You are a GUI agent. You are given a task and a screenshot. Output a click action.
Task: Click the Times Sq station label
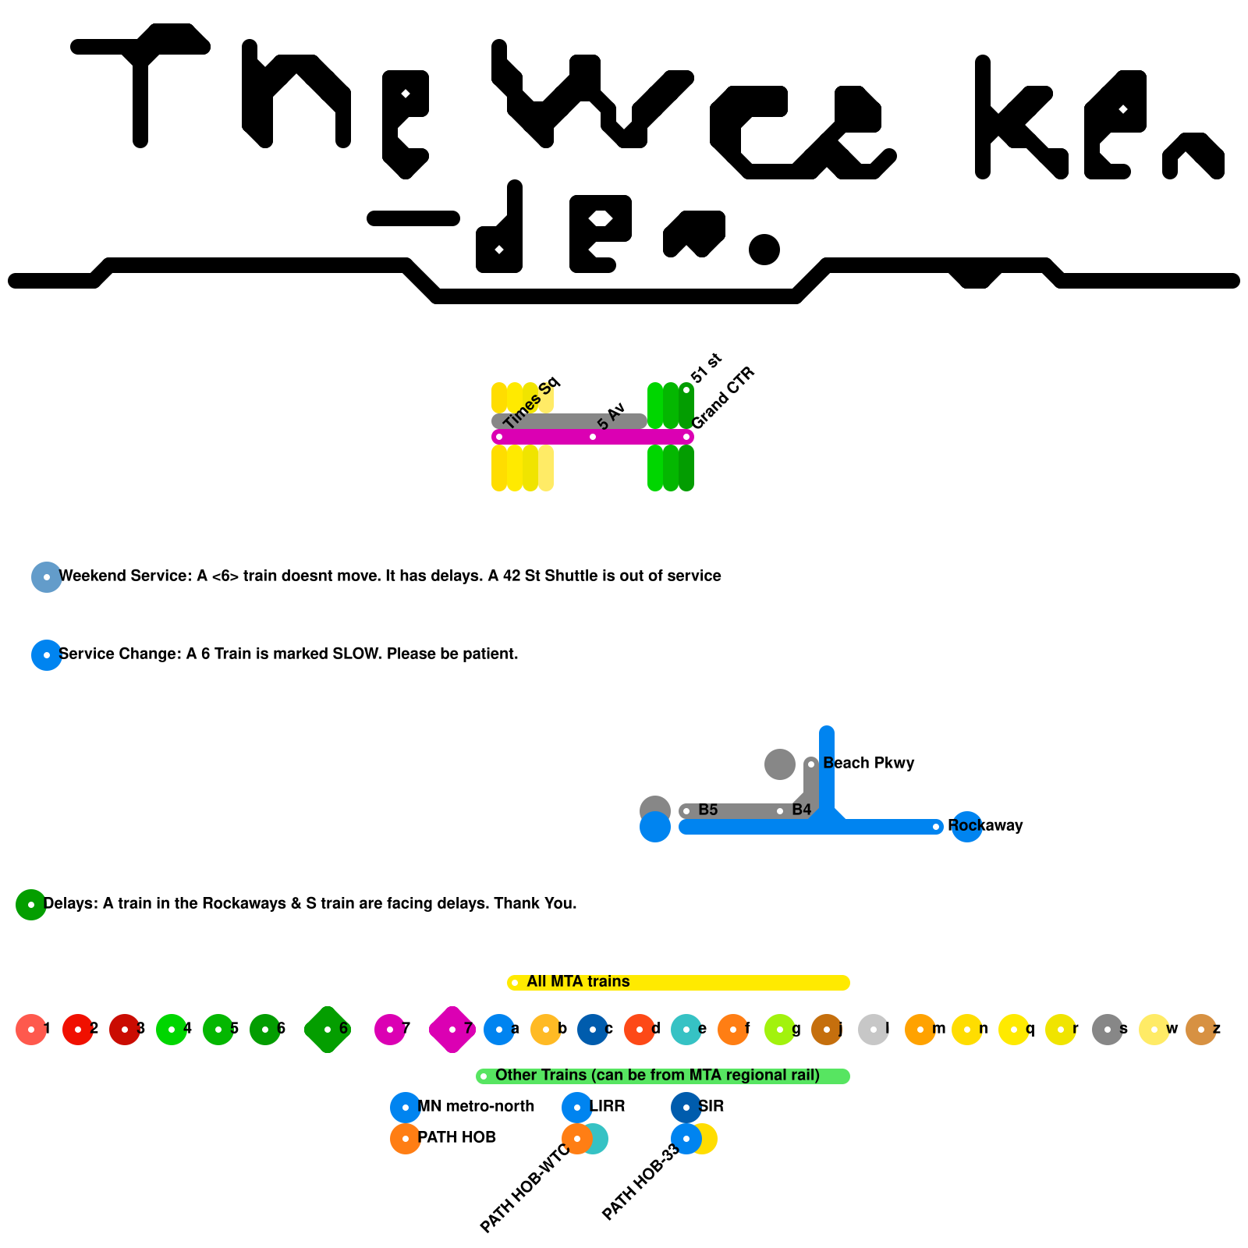tap(531, 402)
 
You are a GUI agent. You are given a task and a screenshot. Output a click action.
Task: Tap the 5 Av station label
tap(612, 416)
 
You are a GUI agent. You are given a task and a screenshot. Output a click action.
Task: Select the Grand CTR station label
tap(723, 398)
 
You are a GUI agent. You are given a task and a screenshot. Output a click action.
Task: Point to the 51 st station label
tap(706, 368)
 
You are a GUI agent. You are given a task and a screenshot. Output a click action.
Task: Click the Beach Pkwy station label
tap(868, 763)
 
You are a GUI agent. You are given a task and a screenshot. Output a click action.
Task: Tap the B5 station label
tap(707, 810)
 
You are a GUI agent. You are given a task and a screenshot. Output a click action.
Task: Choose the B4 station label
tap(801, 810)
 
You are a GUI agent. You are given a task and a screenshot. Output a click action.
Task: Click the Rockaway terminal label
tap(985, 825)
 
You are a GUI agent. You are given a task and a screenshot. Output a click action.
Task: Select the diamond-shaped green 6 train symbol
tap(328, 1030)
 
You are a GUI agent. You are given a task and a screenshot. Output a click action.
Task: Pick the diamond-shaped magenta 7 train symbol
tap(452, 1030)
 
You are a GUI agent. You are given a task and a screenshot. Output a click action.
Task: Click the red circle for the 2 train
tap(78, 1030)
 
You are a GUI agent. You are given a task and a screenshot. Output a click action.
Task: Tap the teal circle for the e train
tap(686, 1030)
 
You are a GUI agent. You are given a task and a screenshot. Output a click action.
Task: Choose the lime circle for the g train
tap(780, 1030)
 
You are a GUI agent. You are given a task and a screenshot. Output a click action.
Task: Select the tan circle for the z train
tap(1201, 1030)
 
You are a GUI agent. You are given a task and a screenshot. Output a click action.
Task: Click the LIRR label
tap(607, 1106)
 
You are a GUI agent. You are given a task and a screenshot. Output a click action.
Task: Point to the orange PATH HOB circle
tap(406, 1139)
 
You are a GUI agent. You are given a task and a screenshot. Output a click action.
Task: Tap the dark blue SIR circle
tap(686, 1108)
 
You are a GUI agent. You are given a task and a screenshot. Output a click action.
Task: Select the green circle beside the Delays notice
tap(31, 905)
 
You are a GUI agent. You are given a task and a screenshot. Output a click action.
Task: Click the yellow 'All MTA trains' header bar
tap(679, 982)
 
